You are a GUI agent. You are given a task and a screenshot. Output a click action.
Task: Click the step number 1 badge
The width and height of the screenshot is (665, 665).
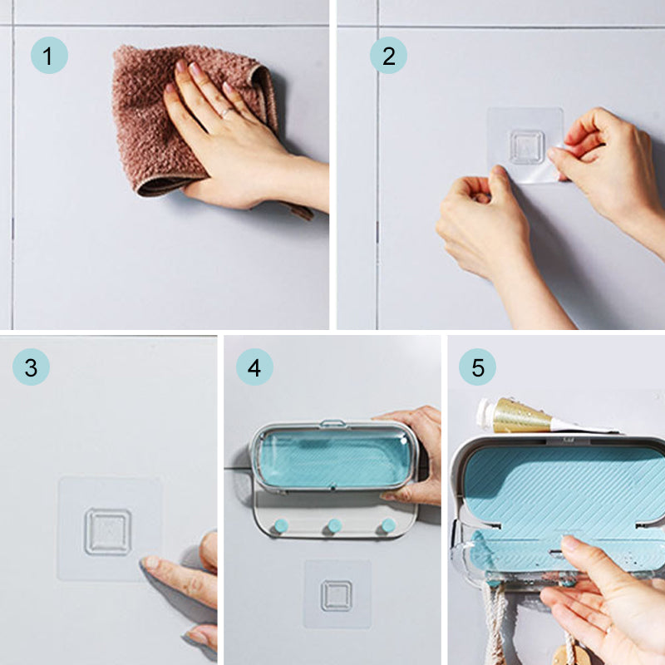pyautogui.click(x=49, y=56)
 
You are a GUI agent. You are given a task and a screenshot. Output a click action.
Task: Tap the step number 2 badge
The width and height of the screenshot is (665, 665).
pyautogui.click(x=388, y=56)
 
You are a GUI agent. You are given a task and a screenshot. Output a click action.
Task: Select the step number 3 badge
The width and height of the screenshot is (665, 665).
pyautogui.click(x=31, y=367)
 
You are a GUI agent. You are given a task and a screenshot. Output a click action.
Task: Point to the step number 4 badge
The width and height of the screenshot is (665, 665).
pyautogui.click(x=254, y=367)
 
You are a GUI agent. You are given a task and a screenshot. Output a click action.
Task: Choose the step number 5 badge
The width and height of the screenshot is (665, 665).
pyautogui.click(x=477, y=367)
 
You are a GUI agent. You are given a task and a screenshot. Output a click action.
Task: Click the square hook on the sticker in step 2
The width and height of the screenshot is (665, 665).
pyautogui.click(x=526, y=147)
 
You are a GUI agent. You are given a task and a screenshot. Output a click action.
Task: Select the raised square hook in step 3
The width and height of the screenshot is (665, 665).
pyautogui.click(x=108, y=532)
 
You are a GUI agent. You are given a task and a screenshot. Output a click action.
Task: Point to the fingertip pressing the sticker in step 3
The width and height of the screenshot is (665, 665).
pyautogui.click(x=150, y=563)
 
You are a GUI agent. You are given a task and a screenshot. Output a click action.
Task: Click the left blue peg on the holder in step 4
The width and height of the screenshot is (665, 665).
pyautogui.click(x=281, y=526)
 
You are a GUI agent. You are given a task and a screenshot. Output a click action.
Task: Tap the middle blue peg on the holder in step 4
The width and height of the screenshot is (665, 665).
pyautogui.click(x=334, y=526)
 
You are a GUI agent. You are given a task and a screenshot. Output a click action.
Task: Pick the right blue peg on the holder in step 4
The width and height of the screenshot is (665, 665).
pyautogui.click(x=388, y=525)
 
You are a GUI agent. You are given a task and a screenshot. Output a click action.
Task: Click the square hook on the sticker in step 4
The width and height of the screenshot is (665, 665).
pyautogui.click(x=337, y=595)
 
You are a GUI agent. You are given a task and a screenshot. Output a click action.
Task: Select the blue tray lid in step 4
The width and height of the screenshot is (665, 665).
pyautogui.click(x=333, y=457)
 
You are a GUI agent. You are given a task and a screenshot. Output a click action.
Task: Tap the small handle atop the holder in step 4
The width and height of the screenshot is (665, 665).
pyautogui.click(x=332, y=423)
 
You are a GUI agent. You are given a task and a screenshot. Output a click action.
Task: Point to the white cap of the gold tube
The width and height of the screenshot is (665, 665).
pyautogui.click(x=485, y=413)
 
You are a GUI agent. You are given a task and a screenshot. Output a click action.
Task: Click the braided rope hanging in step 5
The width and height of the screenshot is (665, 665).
pyautogui.click(x=496, y=620)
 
